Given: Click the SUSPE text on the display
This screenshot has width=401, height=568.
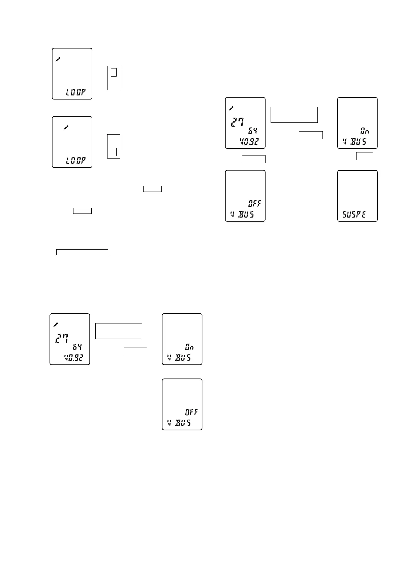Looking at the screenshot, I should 354,214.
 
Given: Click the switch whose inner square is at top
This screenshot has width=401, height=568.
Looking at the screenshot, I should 114,78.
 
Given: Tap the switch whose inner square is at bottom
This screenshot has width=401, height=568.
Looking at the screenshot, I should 114,146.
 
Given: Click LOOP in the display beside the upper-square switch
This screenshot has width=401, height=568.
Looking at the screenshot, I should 75,92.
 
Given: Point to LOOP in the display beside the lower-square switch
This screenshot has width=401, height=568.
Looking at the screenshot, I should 75,161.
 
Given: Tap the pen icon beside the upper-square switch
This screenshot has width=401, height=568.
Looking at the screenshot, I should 58,59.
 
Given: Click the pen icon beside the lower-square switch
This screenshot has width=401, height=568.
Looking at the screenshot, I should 66,127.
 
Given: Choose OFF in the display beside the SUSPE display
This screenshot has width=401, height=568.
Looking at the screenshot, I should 255,203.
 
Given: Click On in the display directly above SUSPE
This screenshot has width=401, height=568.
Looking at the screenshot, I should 365,131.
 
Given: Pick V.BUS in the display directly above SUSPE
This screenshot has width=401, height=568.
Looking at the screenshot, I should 354,142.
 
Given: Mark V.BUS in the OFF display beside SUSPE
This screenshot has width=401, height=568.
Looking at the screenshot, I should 242,214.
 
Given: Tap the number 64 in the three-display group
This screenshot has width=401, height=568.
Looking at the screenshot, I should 77,347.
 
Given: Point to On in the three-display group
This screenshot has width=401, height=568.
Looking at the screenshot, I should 189,347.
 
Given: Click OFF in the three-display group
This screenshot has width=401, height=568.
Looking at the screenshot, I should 191,412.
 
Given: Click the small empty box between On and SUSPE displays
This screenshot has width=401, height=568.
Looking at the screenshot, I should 364,156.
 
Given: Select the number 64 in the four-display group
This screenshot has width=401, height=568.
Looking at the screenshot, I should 253,131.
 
